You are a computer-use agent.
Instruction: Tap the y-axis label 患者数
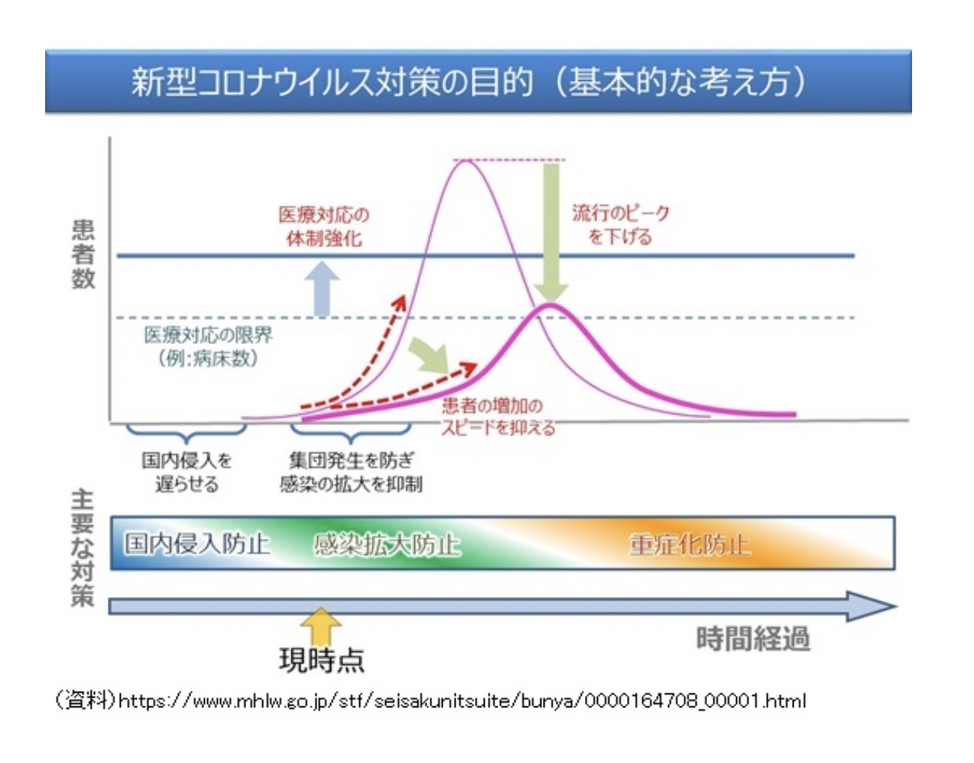click(83, 255)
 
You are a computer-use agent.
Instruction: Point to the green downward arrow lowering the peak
click(551, 229)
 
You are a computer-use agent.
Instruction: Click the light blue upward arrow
click(322, 288)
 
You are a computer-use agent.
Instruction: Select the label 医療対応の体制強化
click(324, 226)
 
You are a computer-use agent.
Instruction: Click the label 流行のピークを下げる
click(620, 224)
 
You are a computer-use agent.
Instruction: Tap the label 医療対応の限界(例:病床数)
click(208, 346)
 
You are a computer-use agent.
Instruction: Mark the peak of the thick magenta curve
click(549, 306)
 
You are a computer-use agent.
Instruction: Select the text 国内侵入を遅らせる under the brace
click(187, 472)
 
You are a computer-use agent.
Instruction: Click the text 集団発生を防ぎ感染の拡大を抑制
click(351, 472)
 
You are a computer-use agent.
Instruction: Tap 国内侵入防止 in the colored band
click(196, 544)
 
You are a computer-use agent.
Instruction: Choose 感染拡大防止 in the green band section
click(387, 544)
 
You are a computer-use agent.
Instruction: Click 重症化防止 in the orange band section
click(689, 544)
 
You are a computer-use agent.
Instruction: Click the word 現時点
click(322, 660)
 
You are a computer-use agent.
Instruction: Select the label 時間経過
click(752, 639)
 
